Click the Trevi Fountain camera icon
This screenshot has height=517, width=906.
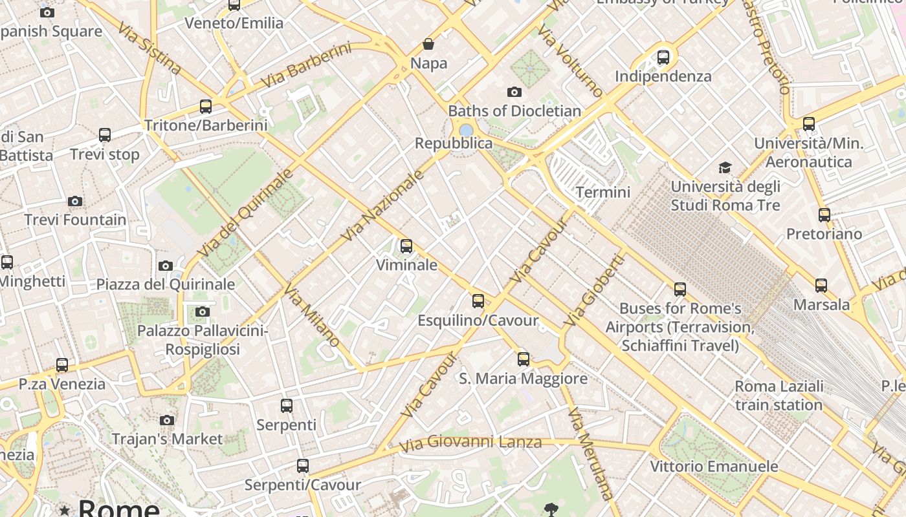[x=75, y=202]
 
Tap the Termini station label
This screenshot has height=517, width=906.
[x=602, y=192]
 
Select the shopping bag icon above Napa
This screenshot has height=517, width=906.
[x=428, y=44]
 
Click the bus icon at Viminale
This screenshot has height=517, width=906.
[x=406, y=246]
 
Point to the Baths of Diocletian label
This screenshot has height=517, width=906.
[x=514, y=111]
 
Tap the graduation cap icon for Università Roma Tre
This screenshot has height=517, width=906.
[x=725, y=168]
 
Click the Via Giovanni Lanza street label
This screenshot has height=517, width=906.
[x=470, y=443]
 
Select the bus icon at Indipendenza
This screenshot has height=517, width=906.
[x=663, y=58]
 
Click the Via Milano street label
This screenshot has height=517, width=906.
[x=311, y=317]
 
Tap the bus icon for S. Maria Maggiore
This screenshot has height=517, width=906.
[x=524, y=359]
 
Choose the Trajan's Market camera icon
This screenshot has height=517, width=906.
[x=167, y=421]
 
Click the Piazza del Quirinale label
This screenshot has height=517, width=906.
[x=166, y=284]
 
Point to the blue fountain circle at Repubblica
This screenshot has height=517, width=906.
[x=466, y=130]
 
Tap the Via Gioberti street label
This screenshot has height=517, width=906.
[x=594, y=290]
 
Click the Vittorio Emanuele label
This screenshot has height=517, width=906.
[x=714, y=467]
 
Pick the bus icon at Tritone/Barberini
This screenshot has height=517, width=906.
[x=206, y=107]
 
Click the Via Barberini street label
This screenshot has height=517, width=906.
[x=305, y=65]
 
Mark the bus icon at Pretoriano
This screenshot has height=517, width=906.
[x=824, y=215]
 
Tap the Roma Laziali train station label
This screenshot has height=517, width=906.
[x=779, y=396]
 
